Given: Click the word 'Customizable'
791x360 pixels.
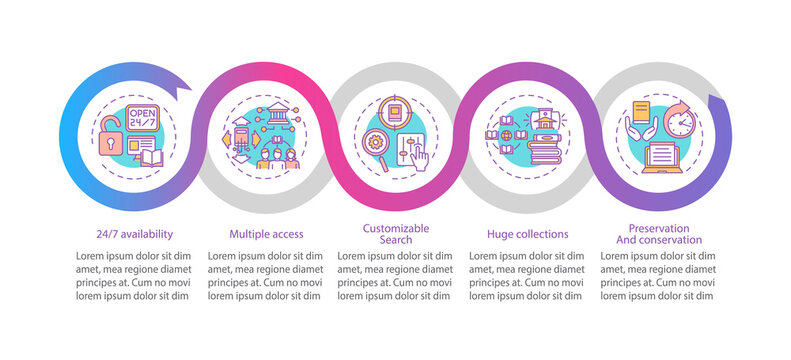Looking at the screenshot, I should (x=396, y=228).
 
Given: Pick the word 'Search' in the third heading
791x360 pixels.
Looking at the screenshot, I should (x=396, y=240).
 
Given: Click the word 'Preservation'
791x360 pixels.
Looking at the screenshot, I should (x=660, y=228).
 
